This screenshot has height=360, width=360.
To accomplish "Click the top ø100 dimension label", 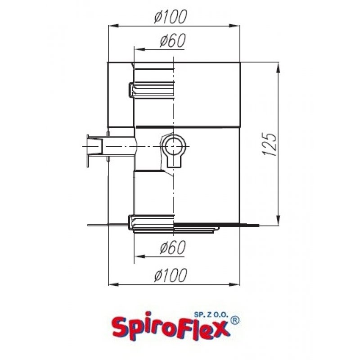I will point(170,18).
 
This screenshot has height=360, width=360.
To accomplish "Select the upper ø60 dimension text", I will point(173,41).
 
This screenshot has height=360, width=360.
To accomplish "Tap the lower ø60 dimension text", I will point(173,247).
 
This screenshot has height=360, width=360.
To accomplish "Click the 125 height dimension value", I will point(269,144).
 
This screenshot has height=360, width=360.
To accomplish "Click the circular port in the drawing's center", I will point(173,147).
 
